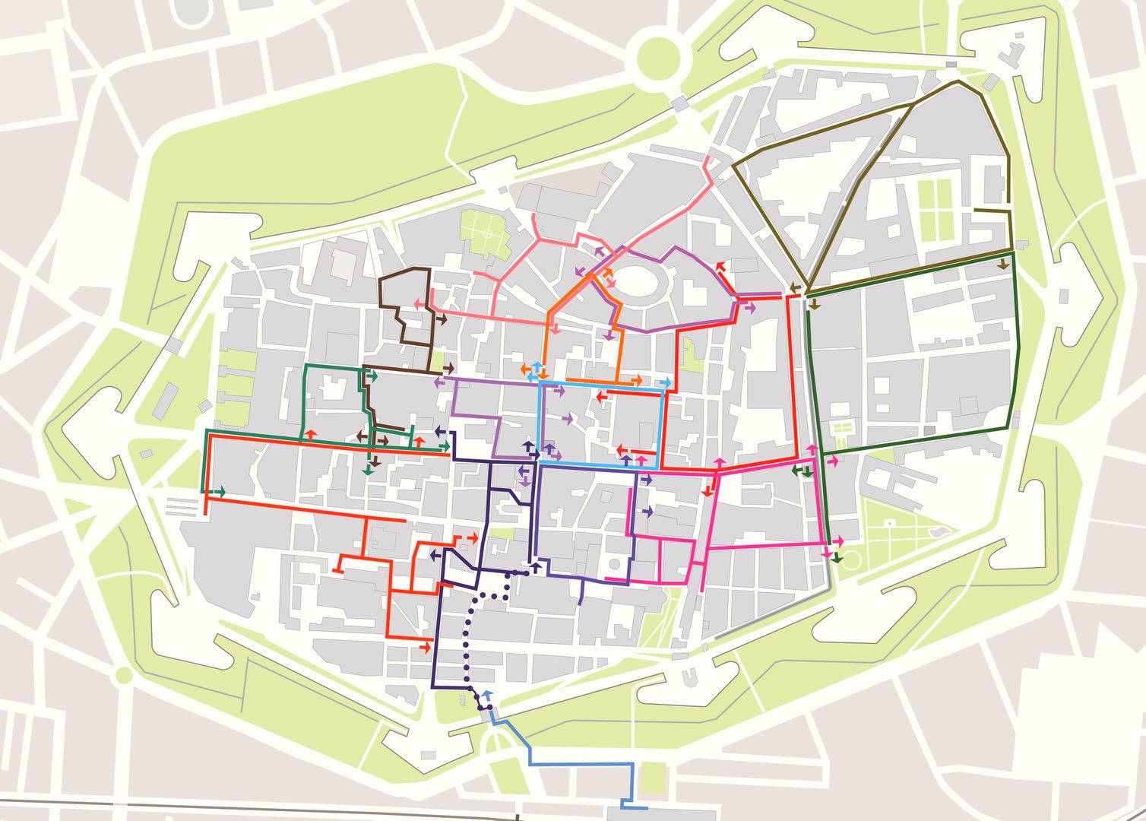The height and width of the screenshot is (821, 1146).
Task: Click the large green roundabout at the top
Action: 657,56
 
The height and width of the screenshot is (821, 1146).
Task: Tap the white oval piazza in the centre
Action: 642,282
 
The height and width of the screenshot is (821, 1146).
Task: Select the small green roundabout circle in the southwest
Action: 123,674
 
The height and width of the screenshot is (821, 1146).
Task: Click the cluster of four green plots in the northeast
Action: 936,207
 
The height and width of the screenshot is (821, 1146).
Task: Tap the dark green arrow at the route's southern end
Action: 837,558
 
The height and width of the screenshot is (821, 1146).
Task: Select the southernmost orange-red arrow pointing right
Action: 426,645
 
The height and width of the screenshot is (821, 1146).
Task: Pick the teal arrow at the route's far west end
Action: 219,493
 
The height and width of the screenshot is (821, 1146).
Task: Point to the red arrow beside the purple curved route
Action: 720,268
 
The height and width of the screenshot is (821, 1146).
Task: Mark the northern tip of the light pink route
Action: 708,158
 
